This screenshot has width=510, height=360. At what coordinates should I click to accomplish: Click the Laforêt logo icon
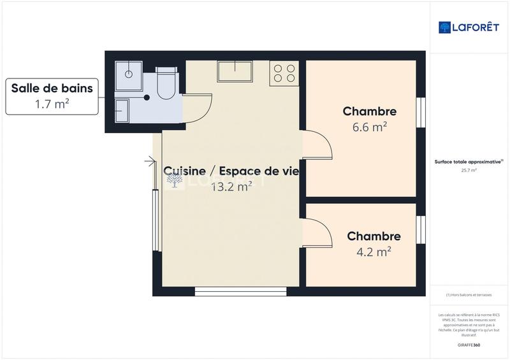[445, 27]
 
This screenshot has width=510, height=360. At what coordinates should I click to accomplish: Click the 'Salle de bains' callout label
[52, 89]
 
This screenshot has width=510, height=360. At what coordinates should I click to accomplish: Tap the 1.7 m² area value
[52, 104]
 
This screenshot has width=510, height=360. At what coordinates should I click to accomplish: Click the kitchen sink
[235, 71]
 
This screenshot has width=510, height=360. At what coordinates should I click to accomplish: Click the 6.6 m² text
[370, 127]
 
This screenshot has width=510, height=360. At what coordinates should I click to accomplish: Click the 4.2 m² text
[374, 252]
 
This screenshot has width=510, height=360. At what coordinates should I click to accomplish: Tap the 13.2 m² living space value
[231, 186]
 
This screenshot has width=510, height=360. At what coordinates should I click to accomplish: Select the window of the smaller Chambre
[420, 229]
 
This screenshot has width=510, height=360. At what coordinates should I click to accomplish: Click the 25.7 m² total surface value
[469, 170]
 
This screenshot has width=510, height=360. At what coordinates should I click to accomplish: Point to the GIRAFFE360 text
[469, 345]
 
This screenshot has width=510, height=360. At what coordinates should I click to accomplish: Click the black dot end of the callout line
[147, 97]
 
